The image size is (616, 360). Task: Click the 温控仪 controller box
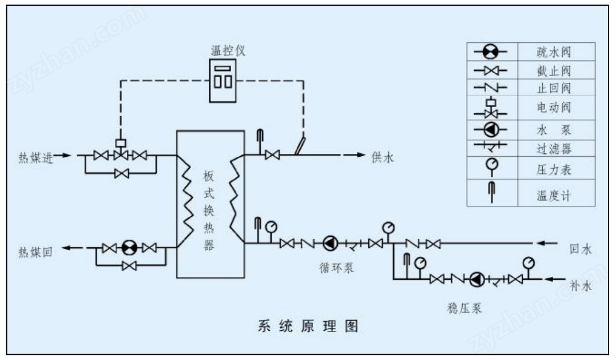[222, 81]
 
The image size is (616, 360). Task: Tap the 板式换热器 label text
[209, 210]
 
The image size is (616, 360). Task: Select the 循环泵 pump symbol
[330, 244]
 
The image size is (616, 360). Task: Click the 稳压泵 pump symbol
[477, 279]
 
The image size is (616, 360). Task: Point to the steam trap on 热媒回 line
[129, 248]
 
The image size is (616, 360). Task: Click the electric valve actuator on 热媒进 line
[121, 143]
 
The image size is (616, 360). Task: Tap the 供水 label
[382, 157]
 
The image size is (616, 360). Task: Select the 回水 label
[580, 249]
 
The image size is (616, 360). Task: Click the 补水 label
[580, 286]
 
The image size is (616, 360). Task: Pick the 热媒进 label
[36, 157]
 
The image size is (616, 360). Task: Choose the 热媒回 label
[35, 252]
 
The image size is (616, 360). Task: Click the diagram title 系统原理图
[308, 326]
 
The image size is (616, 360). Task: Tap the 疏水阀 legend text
[554, 52]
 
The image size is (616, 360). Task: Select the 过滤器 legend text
[554, 149]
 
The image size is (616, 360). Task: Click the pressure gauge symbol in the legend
[491, 167]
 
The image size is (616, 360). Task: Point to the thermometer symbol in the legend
[491, 192]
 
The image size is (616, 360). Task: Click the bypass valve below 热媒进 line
[121, 173]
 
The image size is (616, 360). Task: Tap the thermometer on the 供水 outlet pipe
[260, 141]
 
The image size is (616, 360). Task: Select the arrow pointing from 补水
[555, 279]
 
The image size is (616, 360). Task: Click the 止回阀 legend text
[554, 88]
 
